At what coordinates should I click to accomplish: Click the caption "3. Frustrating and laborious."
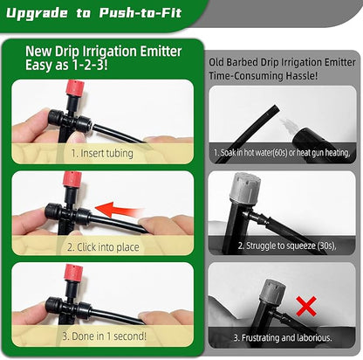[282, 336]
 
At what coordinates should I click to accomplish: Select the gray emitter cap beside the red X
[276, 287]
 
